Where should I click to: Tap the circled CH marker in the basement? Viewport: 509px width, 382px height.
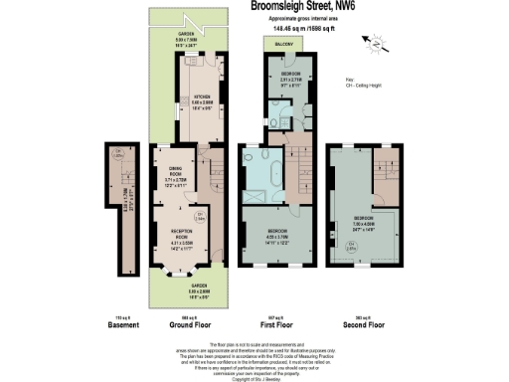pyautogui.click(x=116, y=154)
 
